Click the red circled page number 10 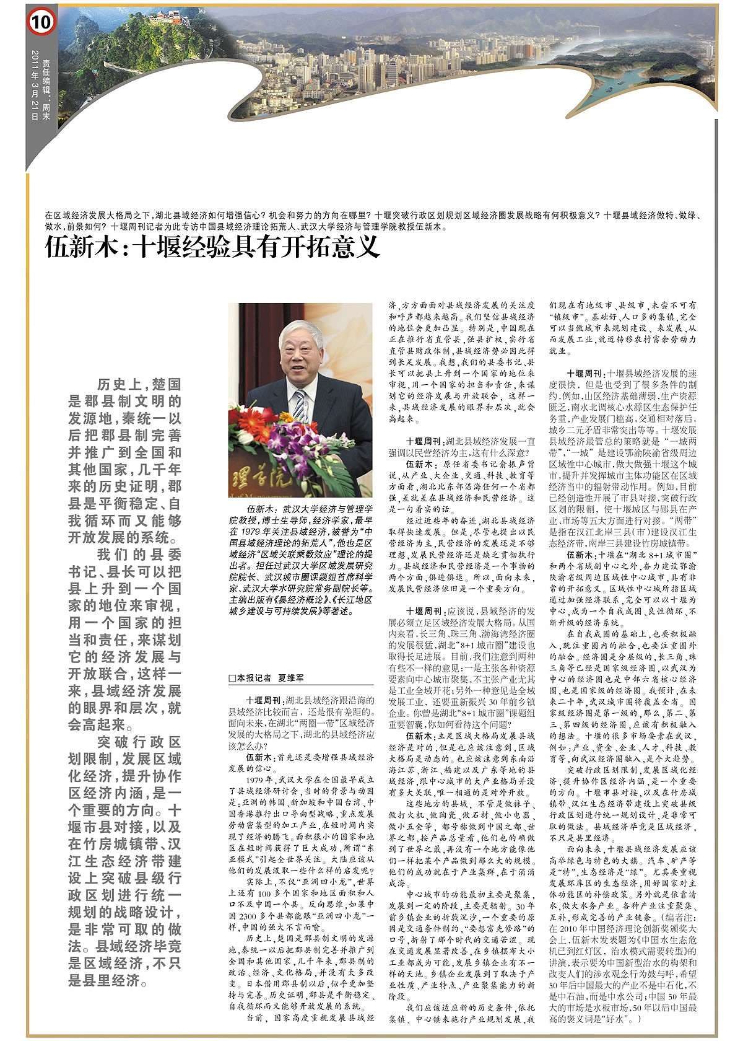[41, 23]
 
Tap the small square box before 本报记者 [232, 678]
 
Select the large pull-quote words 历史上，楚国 [139, 384]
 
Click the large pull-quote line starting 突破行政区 [139, 742]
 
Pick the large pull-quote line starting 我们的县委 [139, 554]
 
